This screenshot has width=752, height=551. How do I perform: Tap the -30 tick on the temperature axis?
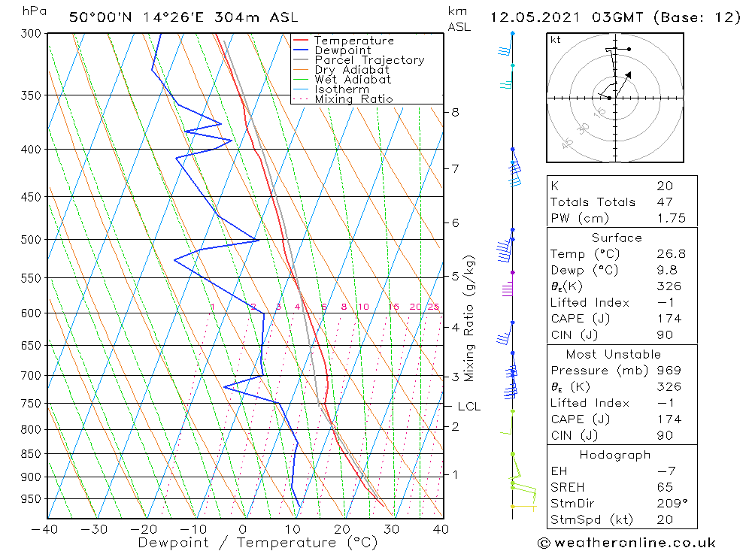click(96, 529)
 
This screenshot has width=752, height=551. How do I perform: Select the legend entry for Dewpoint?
click(343, 50)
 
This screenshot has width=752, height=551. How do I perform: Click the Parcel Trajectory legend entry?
click(369, 60)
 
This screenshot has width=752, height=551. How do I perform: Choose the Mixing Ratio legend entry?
click(353, 99)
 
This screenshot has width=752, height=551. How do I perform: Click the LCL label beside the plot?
click(468, 407)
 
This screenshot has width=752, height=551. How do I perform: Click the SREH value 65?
click(664, 487)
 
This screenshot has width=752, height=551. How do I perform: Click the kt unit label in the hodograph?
click(556, 40)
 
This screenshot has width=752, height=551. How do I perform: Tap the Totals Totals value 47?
click(664, 201)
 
